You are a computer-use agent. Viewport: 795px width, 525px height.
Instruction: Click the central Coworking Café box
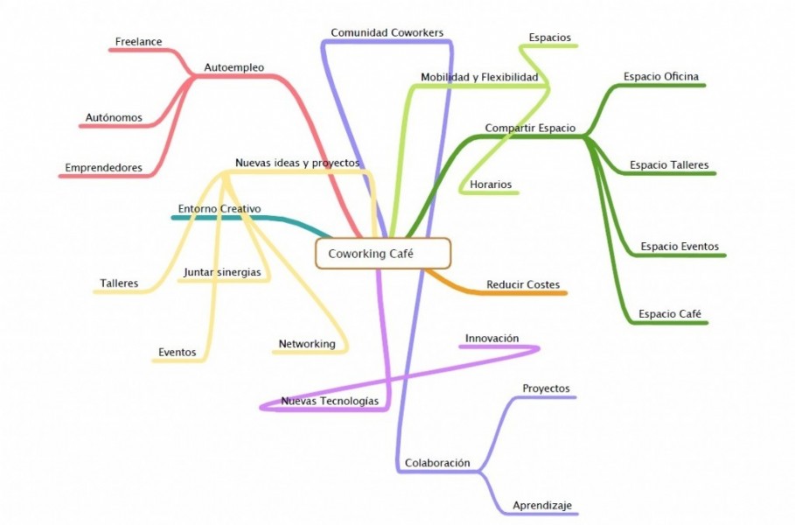[382, 254]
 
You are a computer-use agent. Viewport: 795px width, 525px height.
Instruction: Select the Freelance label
[139, 41]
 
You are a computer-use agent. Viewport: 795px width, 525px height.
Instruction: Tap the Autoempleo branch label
[234, 66]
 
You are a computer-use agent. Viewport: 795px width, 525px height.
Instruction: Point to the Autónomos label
[114, 117]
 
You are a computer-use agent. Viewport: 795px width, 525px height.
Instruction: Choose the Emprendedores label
[103, 166]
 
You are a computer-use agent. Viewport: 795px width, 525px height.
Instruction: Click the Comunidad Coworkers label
[387, 32]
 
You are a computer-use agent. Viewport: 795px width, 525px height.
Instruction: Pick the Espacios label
[550, 38]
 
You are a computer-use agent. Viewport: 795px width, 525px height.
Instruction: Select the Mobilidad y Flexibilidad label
[479, 77]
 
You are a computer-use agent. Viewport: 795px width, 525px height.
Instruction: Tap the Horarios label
[491, 185]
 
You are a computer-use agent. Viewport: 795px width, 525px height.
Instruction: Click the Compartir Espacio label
[530, 128]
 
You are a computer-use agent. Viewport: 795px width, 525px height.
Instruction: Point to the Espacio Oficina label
[661, 76]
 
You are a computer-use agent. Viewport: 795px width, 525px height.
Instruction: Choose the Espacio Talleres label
[669, 164]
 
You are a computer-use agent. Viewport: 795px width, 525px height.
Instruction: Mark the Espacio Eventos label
[680, 247]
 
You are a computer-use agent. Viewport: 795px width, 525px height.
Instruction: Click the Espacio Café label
[670, 313]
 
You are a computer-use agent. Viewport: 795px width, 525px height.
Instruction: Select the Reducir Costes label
[523, 284]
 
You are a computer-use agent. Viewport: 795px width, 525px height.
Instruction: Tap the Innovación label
[492, 338]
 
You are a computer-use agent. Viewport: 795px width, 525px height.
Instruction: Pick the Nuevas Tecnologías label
[330, 401]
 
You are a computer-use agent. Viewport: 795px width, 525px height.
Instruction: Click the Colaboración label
[437, 463]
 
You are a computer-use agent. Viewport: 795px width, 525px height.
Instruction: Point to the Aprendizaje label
[542, 506]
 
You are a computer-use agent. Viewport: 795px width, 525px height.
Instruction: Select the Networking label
[307, 344]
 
